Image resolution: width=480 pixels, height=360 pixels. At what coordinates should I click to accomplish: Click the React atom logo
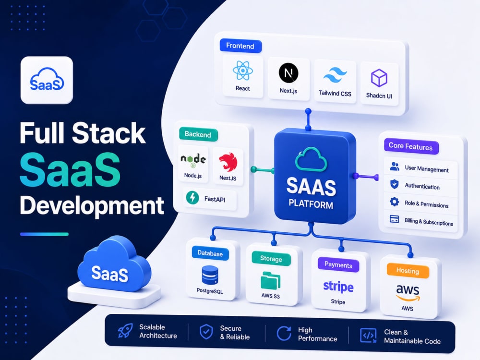pyautogui.click(x=243, y=71)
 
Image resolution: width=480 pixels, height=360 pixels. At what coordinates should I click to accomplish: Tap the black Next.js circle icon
pyautogui.click(x=288, y=73)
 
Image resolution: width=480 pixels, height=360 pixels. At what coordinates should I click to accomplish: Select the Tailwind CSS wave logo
pyautogui.click(x=335, y=75)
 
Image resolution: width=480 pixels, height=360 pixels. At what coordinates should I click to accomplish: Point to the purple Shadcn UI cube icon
pyautogui.click(x=379, y=78)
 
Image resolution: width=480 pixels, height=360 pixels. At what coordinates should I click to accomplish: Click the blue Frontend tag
pyautogui.click(x=240, y=46)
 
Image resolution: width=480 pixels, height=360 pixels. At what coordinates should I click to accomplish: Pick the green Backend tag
pyautogui.click(x=198, y=134)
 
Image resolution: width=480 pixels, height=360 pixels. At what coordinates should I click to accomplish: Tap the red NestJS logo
pyautogui.click(x=228, y=162)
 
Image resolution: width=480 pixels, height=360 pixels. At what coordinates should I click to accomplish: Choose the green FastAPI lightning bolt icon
pyautogui.click(x=192, y=198)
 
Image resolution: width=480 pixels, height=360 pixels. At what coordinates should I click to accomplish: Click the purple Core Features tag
pyautogui.click(x=411, y=146)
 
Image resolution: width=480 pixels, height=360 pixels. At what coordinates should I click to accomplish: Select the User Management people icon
pyautogui.click(x=395, y=166)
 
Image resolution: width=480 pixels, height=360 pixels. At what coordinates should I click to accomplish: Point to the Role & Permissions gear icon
pyautogui.click(x=394, y=202)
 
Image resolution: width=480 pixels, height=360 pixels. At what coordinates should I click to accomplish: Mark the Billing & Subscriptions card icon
pyautogui.click(x=394, y=219)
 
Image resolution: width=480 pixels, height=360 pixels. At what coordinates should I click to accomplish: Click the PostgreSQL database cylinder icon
pyautogui.click(x=210, y=275)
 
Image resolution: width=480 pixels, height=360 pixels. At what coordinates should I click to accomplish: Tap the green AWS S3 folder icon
pyautogui.click(x=271, y=280)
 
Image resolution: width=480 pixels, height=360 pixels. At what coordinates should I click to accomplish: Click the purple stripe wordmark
pyautogui.click(x=338, y=287)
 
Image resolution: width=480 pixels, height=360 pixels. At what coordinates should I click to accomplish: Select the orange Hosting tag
pyautogui.click(x=408, y=271)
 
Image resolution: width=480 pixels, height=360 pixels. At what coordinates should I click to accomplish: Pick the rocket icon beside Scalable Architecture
pyautogui.click(x=125, y=331)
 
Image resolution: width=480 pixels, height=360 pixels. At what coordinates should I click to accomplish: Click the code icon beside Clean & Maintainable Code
pyautogui.click(x=369, y=336)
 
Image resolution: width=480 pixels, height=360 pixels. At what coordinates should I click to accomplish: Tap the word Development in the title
pyautogui.click(x=92, y=206)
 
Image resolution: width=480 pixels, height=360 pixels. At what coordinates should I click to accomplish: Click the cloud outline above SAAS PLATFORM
pyautogui.click(x=311, y=159)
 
